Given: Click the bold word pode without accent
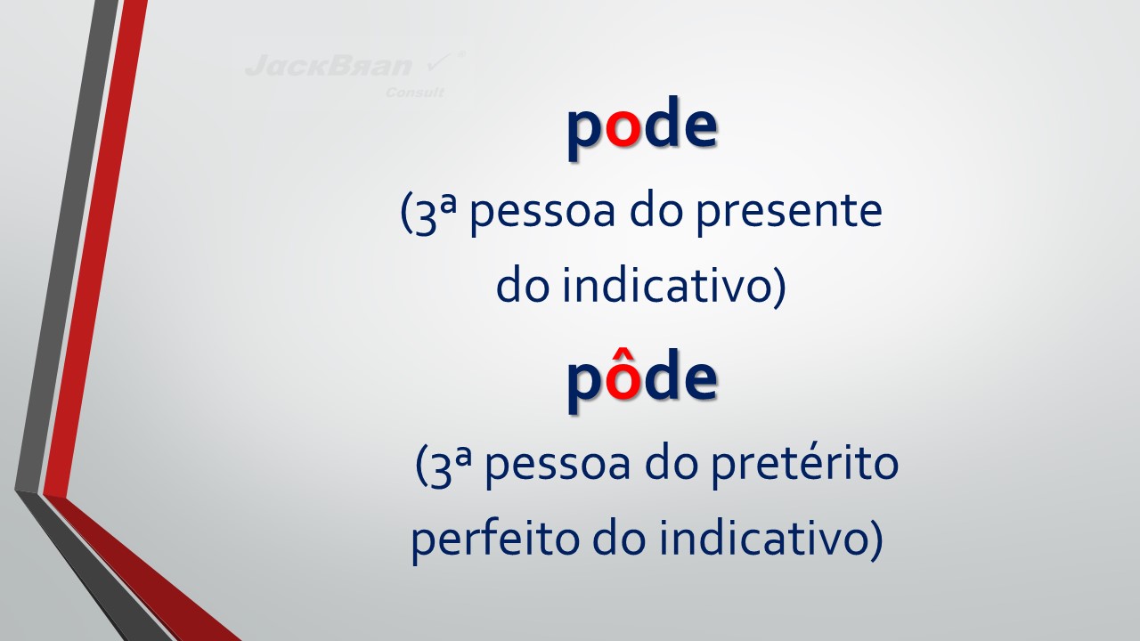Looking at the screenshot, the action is [x=642, y=127].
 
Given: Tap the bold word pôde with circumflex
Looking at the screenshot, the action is [x=642, y=380].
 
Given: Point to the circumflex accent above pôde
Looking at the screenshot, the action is [x=623, y=354].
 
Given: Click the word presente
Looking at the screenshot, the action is [x=789, y=214].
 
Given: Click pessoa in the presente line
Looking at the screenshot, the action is [x=542, y=213].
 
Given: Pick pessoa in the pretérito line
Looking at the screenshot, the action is [x=558, y=466].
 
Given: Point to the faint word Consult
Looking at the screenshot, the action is [x=415, y=93].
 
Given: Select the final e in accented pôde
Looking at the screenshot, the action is [x=700, y=382].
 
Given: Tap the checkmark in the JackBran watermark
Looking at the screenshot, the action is [x=442, y=62].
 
